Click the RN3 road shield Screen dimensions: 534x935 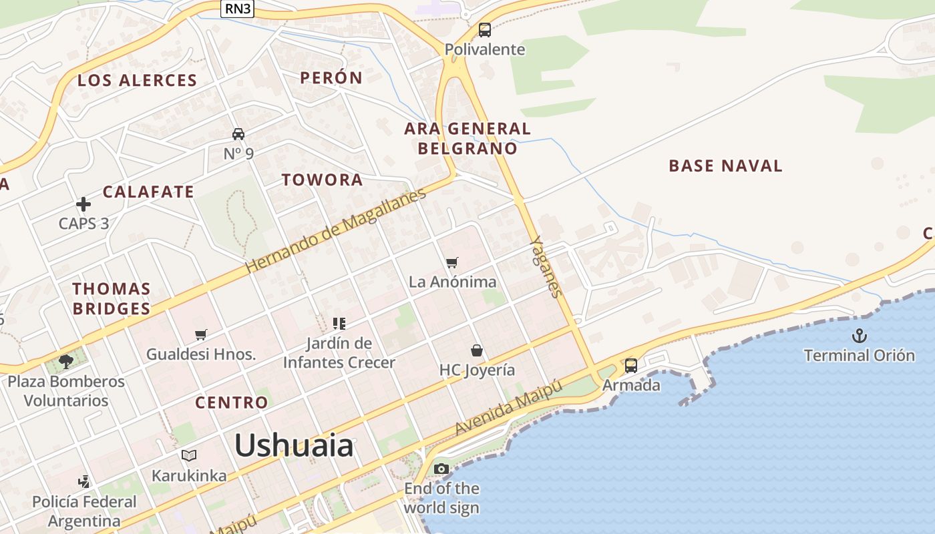[x=237, y=9]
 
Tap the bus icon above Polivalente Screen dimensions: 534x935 [x=485, y=30]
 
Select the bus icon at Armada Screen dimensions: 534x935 [x=631, y=366]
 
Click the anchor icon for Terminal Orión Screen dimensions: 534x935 [x=860, y=336]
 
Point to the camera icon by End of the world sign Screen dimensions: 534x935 [x=441, y=469]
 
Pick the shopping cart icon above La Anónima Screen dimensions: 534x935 [x=452, y=262]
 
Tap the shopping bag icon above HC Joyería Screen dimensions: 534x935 [x=477, y=350]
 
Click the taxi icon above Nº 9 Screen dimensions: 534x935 [x=238, y=134]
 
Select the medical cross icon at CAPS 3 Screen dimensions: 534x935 [x=83, y=204]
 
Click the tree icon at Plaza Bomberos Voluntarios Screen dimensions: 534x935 [x=65, y=362]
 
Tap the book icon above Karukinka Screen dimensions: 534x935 [x=189, y=456]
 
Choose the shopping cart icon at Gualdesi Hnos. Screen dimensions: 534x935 [x=201, y=334]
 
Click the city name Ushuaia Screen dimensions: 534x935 [x=294, y=445]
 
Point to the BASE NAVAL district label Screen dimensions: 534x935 [x=725, y=166]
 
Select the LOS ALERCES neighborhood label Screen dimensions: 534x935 [x=137, y=81]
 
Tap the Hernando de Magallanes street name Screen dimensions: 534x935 [x=335, y=231]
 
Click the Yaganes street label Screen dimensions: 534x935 [x=547, y=266]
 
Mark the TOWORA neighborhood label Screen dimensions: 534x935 [x=322, y=180]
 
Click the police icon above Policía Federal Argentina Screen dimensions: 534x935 [x=84, y=481]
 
